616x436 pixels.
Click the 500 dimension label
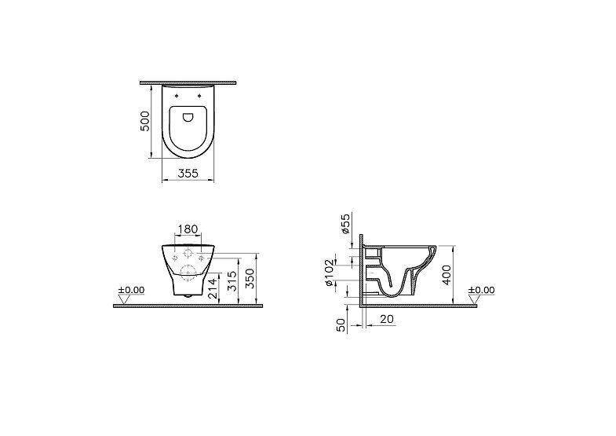[x=145, y=121]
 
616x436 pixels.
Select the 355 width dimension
[x=188, y=173]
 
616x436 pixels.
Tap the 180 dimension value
[x=188, y=229]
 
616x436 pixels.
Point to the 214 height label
[x=212, y=288]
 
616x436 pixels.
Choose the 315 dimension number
[x=232, y=280]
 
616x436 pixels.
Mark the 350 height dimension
[x=250, y=278]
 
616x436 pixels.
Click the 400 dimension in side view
[x=447, y=274]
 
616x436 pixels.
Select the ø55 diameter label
[x=345, y=224]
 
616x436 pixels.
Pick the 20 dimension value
[x=387, y=319]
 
